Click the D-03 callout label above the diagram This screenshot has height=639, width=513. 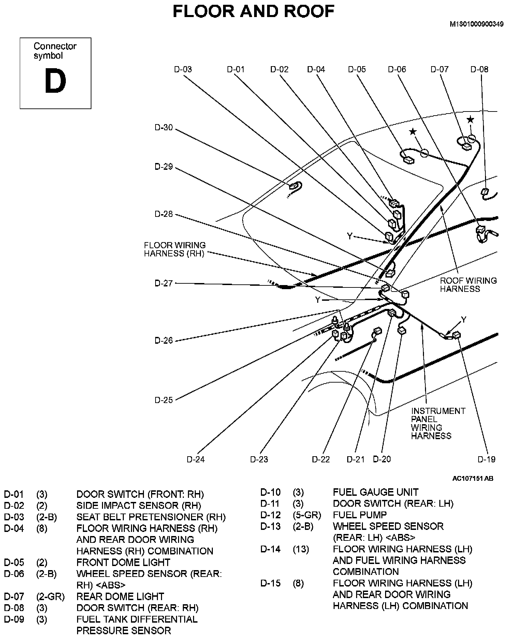[183, 69]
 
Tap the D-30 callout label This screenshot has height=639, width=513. [164, 128]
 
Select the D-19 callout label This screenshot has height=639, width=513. [486, 459]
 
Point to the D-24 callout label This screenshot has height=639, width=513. [195, 459]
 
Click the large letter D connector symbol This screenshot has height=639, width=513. [55, 81]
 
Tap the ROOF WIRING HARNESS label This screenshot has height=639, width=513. [468, 285]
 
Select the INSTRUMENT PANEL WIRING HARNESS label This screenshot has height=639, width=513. [438, 423]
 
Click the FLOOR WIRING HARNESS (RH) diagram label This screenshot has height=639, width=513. [175, 249]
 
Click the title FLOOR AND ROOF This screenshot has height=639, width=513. [253, 11]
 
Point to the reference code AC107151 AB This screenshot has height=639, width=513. [472, 478]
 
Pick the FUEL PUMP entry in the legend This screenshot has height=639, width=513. [360, 515]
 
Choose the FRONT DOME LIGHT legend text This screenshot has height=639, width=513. [123, 562]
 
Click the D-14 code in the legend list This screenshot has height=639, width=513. [270, 549]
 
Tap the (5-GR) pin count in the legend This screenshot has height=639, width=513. [307, 515]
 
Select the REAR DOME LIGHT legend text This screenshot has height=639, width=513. [120, 596]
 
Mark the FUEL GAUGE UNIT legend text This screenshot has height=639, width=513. [376, 492]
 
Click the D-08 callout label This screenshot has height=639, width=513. [479, 69]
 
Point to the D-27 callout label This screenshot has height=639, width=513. [164, 283]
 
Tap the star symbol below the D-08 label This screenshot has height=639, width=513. [470, 119]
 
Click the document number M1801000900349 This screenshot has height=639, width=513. [477, 24]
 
